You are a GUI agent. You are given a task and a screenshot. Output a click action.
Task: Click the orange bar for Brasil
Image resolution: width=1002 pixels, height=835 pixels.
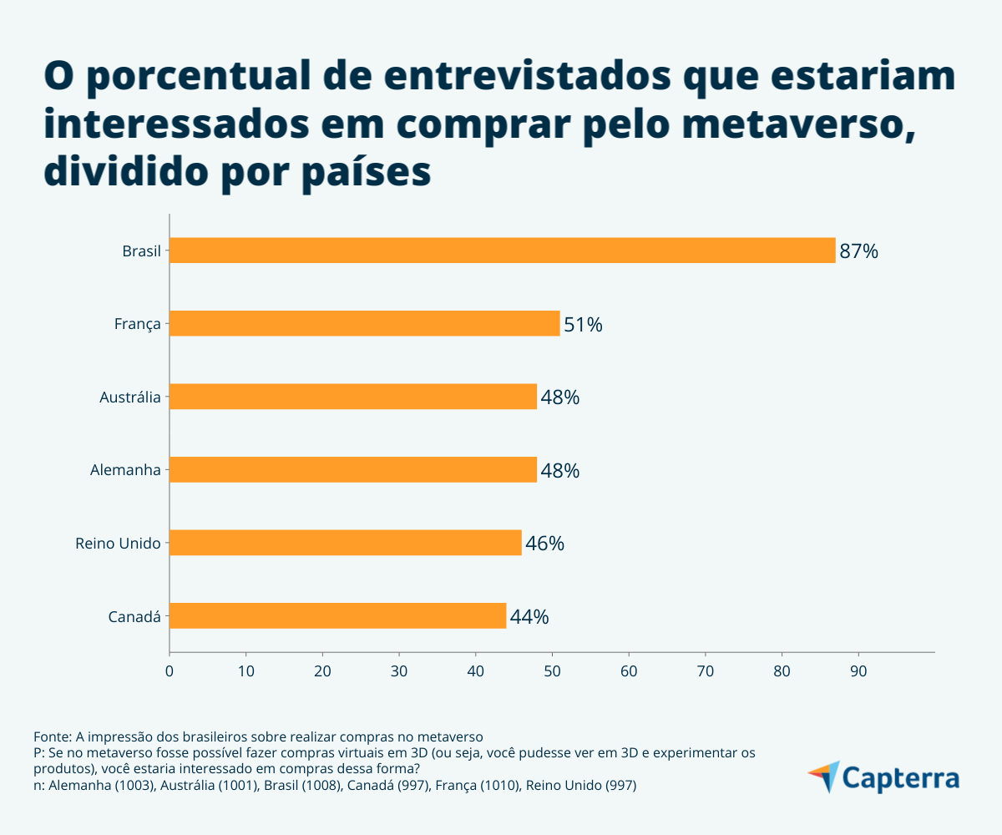point(501,250)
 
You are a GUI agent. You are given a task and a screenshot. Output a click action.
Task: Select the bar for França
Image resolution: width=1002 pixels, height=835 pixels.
point(364,323)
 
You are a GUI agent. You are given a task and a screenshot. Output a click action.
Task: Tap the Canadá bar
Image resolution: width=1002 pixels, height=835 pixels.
point(337,616)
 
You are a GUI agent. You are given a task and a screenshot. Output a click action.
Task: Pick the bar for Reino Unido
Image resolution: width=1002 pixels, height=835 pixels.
point(345,543)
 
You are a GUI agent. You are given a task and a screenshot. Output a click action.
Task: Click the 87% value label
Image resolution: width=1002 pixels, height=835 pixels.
point(858,251)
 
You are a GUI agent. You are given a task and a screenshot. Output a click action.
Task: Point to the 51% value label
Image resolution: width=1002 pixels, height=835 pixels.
point(583,324)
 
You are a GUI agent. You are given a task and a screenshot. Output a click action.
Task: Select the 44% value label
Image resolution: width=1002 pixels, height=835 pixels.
point(529,617)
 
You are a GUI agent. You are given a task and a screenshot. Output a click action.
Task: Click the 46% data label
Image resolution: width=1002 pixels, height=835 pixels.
point(544,544)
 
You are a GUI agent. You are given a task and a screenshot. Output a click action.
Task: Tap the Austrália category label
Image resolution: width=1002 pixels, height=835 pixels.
point(129,397)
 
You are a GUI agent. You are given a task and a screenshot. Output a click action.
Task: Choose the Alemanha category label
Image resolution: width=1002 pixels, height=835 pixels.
point(125,470)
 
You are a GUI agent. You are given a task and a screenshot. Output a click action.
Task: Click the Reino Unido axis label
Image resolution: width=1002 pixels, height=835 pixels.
point(118,544)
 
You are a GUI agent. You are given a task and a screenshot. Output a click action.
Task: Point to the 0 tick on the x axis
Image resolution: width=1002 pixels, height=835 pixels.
point(170,671)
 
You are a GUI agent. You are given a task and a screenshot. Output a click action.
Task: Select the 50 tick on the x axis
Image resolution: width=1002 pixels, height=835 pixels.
point(552,671)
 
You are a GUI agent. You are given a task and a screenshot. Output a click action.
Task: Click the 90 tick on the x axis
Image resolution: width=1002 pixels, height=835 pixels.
point(858,671)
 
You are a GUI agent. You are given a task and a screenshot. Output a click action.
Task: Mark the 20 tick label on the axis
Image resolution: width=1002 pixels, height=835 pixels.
point(322,671)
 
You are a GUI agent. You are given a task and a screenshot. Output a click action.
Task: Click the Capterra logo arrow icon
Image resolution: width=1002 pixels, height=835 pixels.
point(824,776)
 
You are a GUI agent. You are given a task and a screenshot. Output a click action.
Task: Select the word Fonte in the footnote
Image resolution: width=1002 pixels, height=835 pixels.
point(51,736)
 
